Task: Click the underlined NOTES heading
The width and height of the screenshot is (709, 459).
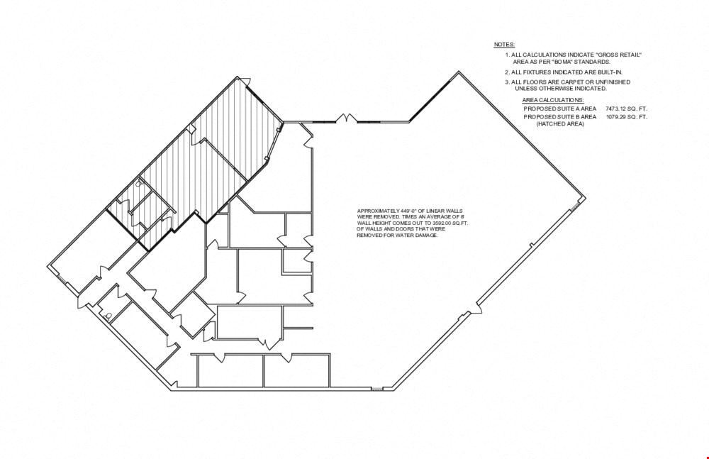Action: coord(504,45)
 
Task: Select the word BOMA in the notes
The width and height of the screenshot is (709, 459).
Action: coord(558,62)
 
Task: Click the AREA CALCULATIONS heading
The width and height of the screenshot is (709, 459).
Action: coord(553,100)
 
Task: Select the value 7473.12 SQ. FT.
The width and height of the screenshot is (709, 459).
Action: coord(626,109)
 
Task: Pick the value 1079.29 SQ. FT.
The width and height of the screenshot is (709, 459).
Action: coord(627,117)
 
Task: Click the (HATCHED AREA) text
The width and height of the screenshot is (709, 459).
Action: coord(560,123)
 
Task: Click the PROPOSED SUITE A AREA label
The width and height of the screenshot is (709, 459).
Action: coord(560,109)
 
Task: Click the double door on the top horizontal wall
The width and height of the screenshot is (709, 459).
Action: coord(347,118)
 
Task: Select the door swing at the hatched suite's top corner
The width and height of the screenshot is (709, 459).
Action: coord(243,82)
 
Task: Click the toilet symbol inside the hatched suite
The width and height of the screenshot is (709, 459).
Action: coord(139,183)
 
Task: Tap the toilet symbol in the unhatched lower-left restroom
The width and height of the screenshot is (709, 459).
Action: coord(108,317)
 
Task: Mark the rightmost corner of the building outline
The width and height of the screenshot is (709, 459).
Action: coord(586,198)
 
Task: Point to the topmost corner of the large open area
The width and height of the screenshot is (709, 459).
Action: coord(459,72)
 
